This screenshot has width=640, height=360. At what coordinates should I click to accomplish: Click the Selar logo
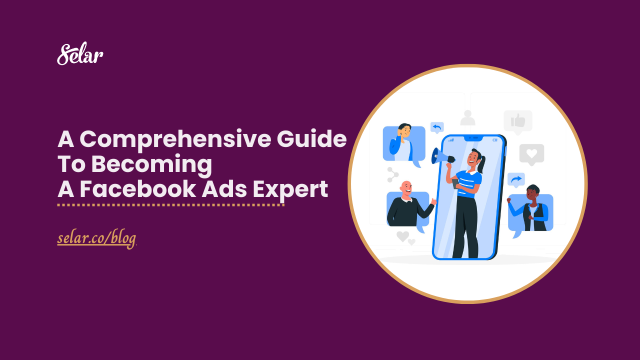pos(80,54)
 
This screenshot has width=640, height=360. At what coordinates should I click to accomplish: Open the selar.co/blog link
pos(96,239)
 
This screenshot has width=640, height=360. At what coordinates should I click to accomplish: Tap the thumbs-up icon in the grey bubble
pos(517,120)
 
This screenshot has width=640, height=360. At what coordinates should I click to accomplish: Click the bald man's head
pos(406,188)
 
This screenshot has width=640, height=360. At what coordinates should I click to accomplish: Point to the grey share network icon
pos(392,174)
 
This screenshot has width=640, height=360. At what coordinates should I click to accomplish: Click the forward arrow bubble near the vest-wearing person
pos(515,179)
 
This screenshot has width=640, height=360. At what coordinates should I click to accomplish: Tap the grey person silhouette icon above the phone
pos(467,118)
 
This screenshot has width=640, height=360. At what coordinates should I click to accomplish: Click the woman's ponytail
pos(483,162)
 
